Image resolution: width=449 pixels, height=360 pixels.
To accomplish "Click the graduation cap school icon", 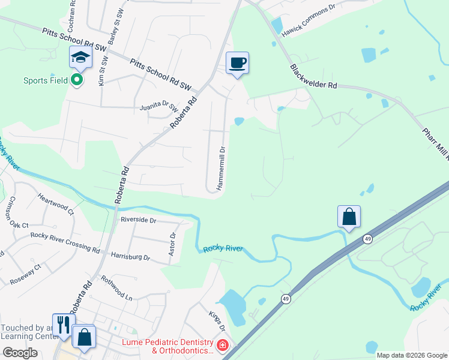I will (79, 57).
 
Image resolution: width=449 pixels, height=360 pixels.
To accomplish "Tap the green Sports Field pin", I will (77, 80).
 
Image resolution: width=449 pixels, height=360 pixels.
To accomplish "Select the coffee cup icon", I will (237, 62).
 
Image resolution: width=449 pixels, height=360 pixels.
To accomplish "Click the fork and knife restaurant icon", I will (62, 325).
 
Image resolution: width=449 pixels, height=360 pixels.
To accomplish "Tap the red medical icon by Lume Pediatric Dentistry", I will (222, 346).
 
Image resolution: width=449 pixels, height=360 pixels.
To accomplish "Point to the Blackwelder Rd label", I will (313, 77).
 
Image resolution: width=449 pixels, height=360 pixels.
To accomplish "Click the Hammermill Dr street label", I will (221, 169).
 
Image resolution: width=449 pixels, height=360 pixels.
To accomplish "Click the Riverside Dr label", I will (138, 220).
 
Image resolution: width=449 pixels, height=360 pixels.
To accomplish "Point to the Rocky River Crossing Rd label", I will (65, 241).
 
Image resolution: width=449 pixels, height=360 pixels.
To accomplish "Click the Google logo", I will (20, 353).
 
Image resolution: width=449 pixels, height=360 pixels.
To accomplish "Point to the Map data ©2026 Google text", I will (411, 355).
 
